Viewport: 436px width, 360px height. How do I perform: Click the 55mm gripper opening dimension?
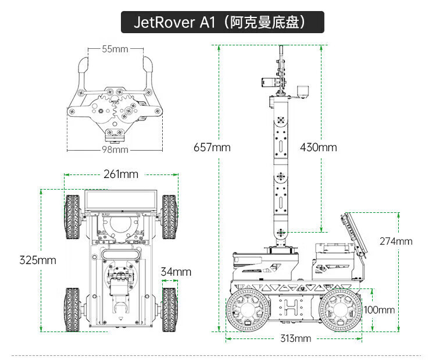(x=115, y=49)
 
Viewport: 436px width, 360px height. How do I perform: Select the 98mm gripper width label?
(x=115, y=150)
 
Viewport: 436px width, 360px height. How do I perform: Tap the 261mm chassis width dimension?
(x=121, y=174)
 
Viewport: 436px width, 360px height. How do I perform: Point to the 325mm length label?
(x=37, y=260)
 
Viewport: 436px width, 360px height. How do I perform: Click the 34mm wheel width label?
(x=176, y=272)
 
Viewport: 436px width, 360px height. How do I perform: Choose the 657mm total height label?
(x=212, y=147)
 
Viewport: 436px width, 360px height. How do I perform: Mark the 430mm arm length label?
(x=319, y=147)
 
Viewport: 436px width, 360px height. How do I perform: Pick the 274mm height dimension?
(x=395, y=241)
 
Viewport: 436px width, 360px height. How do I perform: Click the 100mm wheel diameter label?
(x=378, y=309)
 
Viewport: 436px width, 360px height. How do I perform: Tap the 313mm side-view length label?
(x=295, y=338)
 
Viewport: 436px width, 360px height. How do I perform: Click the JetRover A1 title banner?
(x=221, y=23)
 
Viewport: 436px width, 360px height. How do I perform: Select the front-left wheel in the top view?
(x=73, y=216)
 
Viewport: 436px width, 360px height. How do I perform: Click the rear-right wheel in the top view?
(x=170, y=309)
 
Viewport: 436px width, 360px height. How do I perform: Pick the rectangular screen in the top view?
(x=121, y=200)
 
